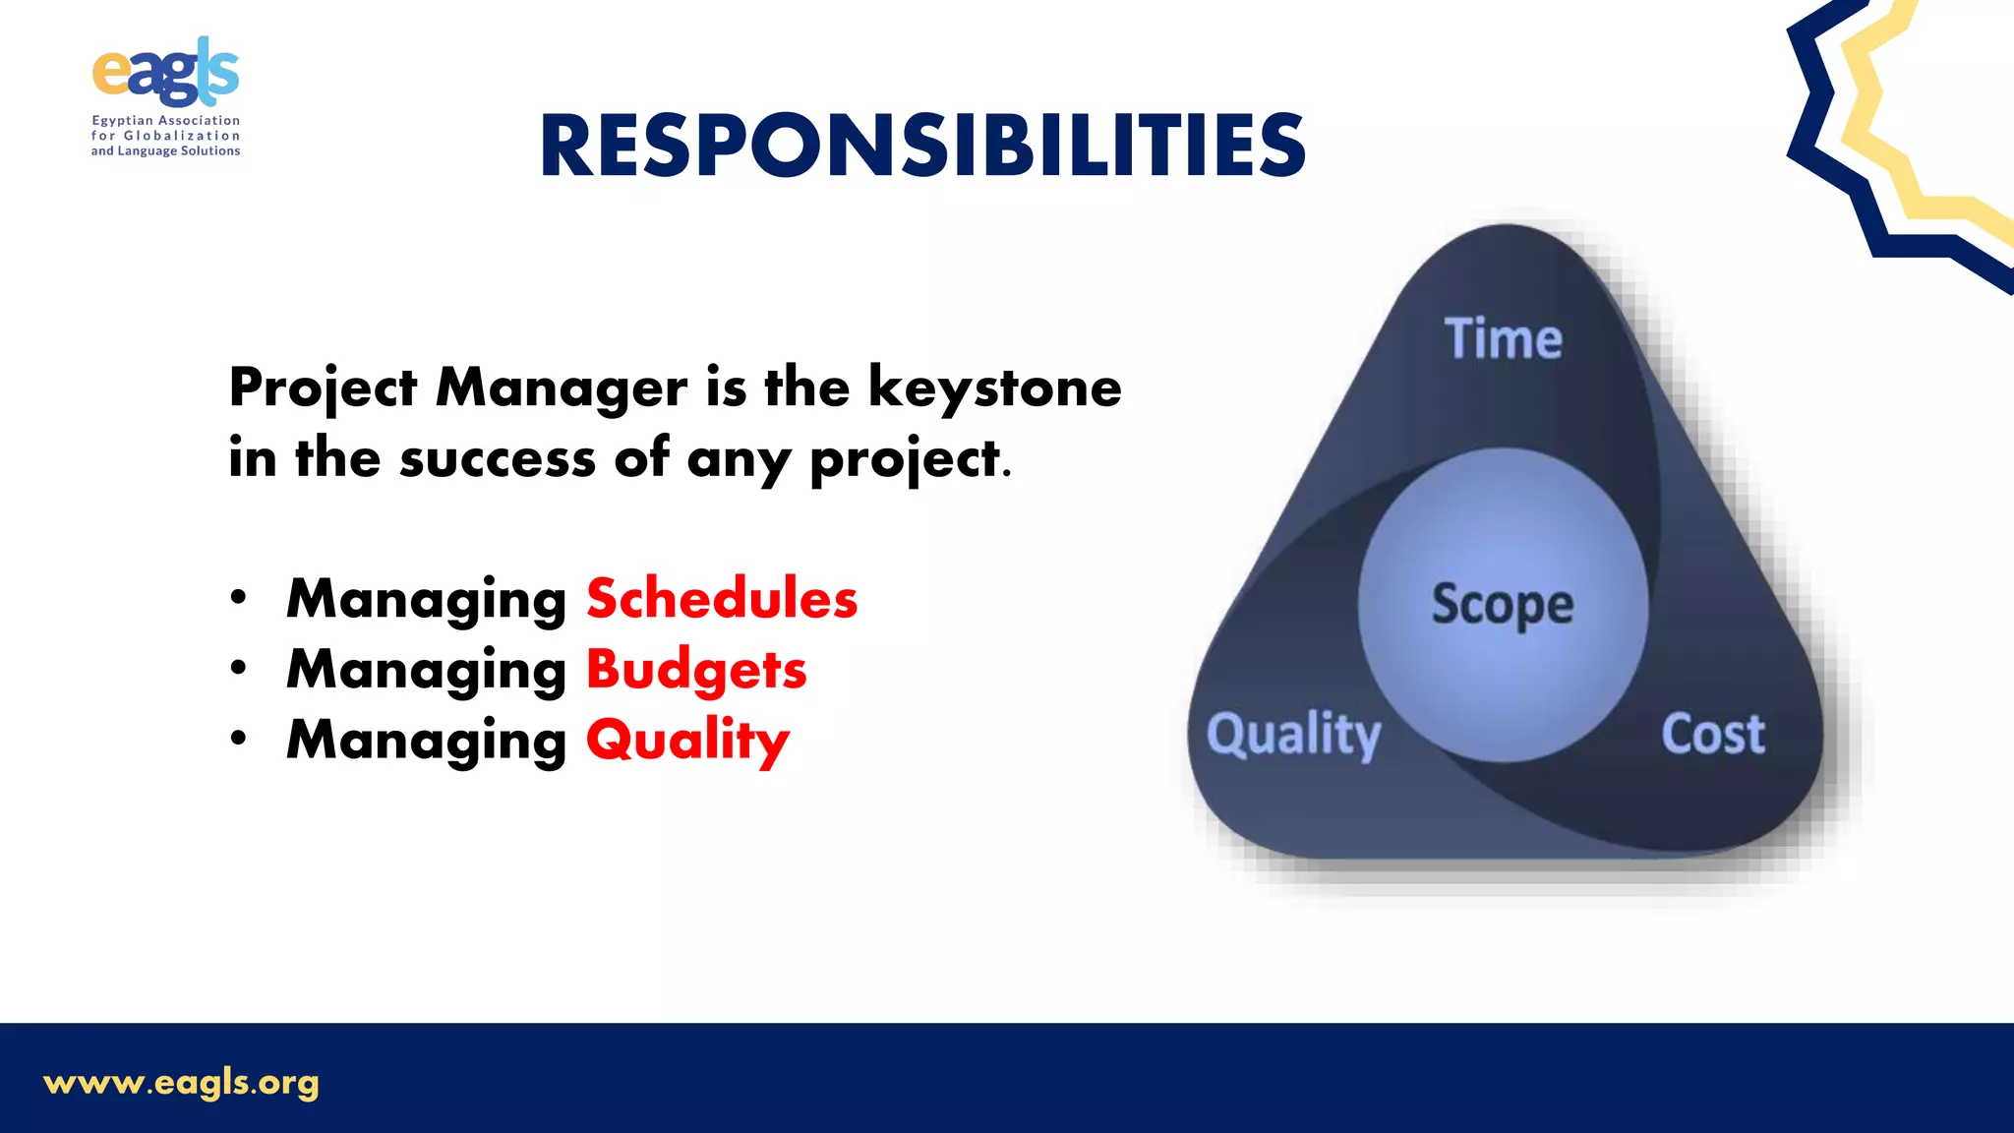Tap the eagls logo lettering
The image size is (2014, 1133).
click(165, 73)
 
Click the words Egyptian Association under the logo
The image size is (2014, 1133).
click(165, 120)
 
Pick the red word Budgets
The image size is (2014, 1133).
click(696, 670)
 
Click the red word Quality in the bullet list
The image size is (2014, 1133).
click(687, 740)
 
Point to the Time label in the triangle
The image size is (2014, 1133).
click(1503, 339)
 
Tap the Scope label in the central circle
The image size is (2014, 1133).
click(1502, 604)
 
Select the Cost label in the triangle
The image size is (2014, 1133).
click(1713, 734)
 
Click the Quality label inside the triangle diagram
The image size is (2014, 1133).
click(1294, 735)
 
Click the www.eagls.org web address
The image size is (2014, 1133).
click(182, 1083)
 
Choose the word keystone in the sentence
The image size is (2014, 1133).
click(994, 387)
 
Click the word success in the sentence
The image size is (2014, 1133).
click(498, 458)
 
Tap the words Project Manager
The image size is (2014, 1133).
click(457, 388)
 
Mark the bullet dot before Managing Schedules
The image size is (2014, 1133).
click(238, 597)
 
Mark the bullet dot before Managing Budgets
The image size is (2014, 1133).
click(238, 668)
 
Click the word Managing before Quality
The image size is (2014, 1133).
click(426, 740)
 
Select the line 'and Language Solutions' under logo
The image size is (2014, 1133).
click(165, 151)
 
